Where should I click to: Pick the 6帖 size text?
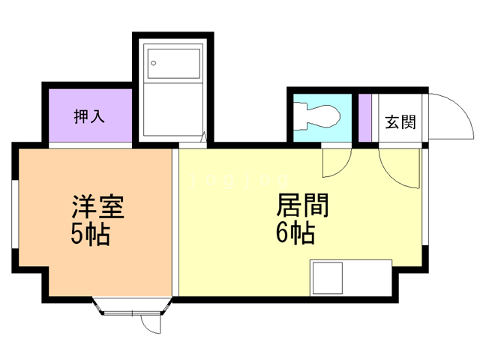295,234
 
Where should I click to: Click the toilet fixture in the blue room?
319,117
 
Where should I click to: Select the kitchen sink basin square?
328,277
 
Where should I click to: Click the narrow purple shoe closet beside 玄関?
365,118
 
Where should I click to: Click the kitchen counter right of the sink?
367,277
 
